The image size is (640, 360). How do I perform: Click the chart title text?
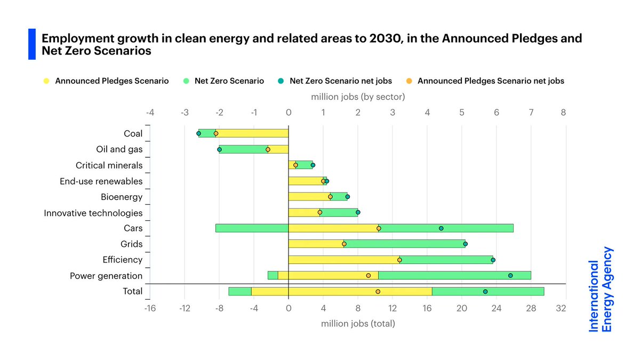(x=311, y=45)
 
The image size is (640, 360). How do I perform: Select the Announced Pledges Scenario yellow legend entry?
(x=106, y=81)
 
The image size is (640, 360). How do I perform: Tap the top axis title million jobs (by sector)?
(x=358, y=97)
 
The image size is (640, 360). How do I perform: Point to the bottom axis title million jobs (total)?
(x=358, y=323)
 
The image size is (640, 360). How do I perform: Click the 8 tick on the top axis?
(x=563, y=113)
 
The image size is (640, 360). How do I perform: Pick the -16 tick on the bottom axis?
(x=150, y=308)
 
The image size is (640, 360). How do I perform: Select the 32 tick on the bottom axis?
(x=561, y=308)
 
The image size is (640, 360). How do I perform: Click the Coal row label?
(x=133, y=134)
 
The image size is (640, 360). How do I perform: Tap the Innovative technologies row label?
(x=93, y=213)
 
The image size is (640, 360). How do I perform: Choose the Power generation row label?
(x=106, y=276)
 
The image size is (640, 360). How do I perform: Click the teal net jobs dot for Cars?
(x=441, y=228)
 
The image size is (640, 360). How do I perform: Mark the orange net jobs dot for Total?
(x=378, y=292)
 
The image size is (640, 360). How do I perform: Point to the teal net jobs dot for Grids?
(x=465, y=244)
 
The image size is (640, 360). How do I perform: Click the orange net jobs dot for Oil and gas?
(x=268, y=150)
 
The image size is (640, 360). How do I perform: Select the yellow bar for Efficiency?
(x=343, y=260)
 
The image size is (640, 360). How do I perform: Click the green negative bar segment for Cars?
(x=252, y=228)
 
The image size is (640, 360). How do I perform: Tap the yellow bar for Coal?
(x=252, y=134)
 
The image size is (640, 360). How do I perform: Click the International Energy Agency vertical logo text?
(x=601, y=289)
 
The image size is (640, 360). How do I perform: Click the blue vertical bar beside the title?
(x=31, y=44)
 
